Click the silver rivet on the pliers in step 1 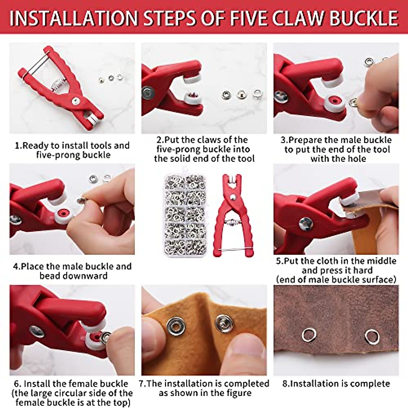(76, 100)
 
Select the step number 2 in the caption (159, 140)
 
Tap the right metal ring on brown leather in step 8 (371, 336)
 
